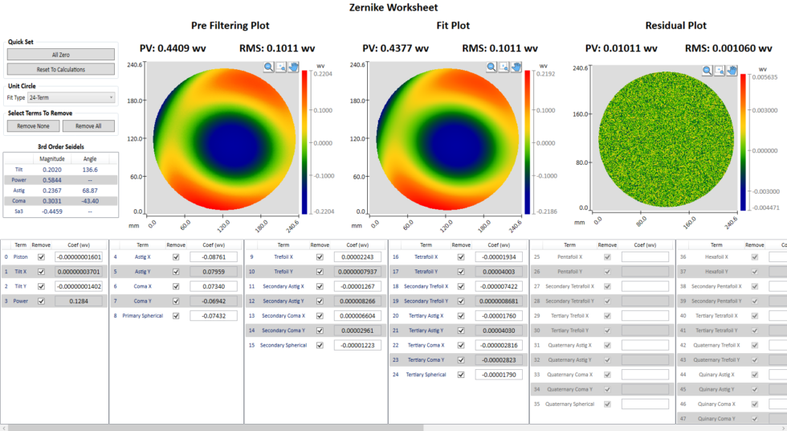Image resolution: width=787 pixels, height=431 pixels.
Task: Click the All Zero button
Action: (61, 55)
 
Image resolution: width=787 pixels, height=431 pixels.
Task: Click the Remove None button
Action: (33, 126)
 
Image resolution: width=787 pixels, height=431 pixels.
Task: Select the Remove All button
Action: (88, 126)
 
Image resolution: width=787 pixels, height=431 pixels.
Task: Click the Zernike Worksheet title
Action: (393, 8)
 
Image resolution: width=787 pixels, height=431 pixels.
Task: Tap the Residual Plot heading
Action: (676, 26)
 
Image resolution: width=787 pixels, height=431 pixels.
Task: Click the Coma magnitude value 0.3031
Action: (52, 201)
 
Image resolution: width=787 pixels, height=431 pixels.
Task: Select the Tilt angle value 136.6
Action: (90, 170)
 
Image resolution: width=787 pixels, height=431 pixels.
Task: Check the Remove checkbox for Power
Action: (41, 302)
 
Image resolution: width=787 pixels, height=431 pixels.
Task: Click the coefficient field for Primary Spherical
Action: (214, 316)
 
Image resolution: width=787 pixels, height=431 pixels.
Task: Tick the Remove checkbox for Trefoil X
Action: (320, 257)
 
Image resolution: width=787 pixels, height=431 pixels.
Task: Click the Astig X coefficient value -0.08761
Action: (214, 257)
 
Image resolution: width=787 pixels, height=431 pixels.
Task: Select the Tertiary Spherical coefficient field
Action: (499, 375)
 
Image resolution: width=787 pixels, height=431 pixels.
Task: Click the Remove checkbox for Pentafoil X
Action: (607, 257)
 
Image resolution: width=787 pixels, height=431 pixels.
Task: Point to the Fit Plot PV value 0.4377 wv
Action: (396, 48)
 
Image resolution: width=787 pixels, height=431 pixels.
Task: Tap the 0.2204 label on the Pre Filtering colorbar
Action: (320, 72)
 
